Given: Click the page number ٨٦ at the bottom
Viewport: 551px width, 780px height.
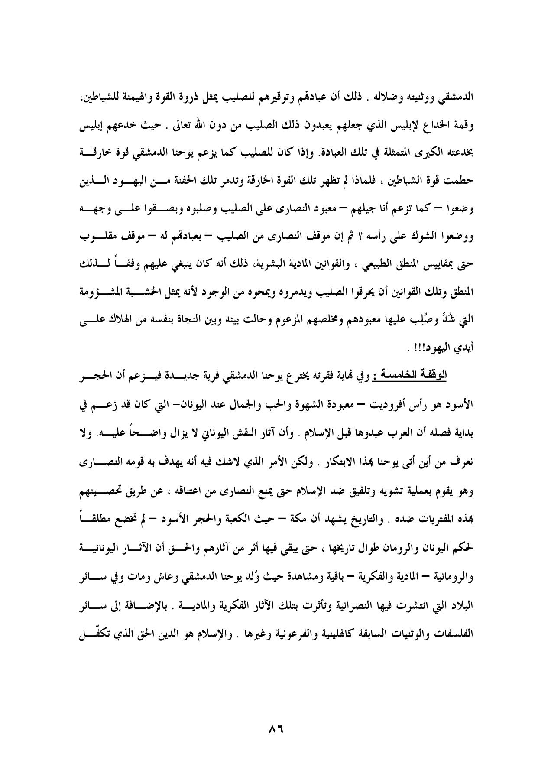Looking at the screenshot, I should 275,729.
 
